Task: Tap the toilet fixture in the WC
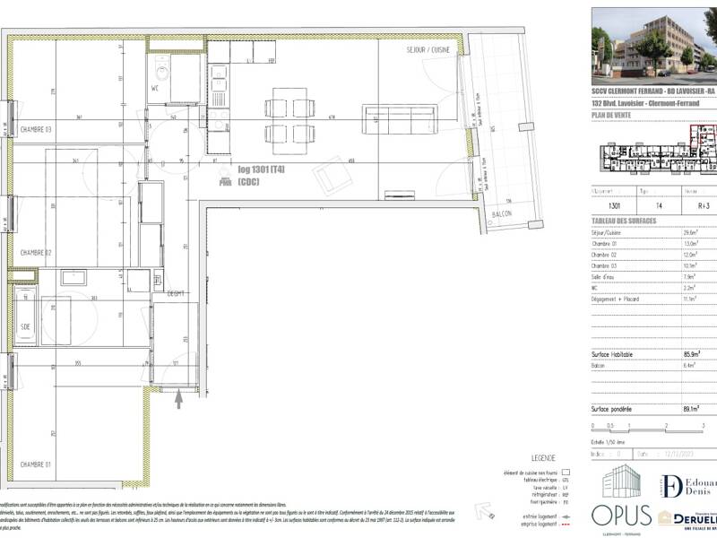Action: (162, 69)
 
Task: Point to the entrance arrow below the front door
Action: (178, 399)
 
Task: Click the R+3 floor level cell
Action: (690, 205)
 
